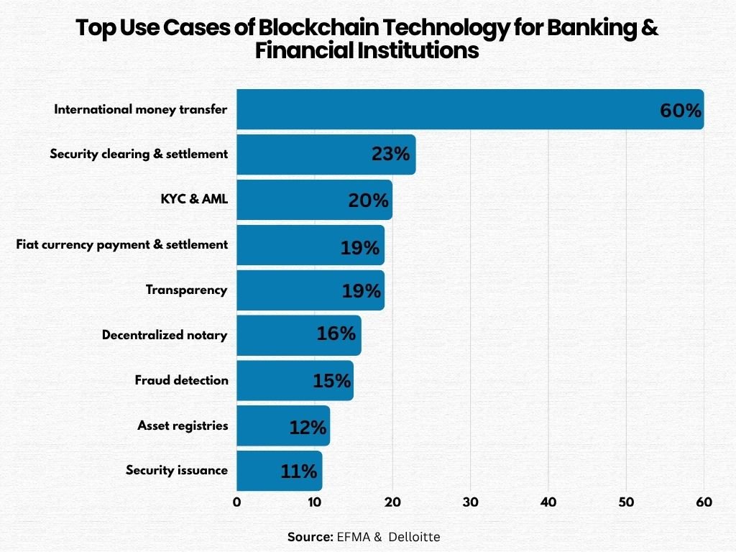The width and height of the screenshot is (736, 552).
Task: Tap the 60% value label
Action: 680,111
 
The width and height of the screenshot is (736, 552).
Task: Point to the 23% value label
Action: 390,154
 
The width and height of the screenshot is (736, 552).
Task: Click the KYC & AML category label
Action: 194,199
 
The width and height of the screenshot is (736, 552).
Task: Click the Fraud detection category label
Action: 181,380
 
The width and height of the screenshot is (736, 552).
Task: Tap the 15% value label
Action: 331,381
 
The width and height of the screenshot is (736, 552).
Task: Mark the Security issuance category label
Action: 176,470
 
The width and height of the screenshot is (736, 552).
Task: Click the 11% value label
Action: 298,471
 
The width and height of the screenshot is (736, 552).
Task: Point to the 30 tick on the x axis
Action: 471,502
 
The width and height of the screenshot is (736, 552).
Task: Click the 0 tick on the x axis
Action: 236,502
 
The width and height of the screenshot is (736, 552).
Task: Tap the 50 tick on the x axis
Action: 626,502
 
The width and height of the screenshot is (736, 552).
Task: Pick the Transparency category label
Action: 186,290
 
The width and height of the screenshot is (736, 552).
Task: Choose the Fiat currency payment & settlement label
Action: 121,244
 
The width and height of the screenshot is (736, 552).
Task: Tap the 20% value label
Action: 368,201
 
